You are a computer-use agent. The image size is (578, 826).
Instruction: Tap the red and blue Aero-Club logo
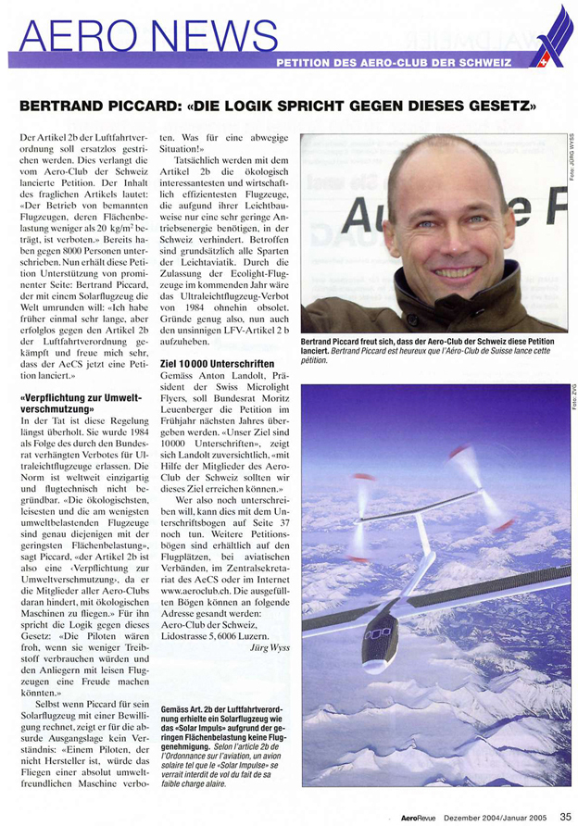click(x=555, y=35)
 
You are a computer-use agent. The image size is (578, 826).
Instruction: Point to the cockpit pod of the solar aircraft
click(x=379, y=638)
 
